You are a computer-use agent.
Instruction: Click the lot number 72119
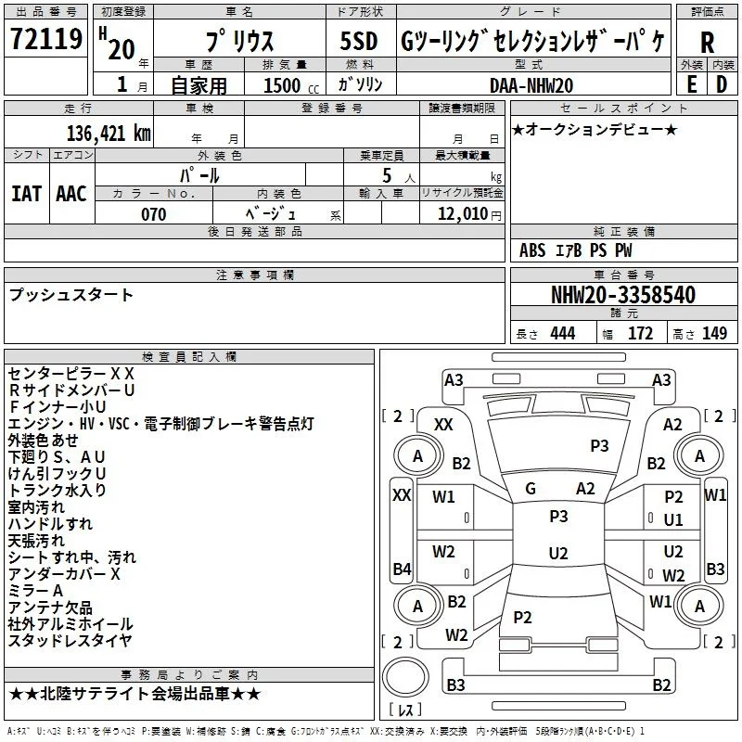pos(46,38)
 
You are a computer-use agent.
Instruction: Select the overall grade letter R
pos(707,43)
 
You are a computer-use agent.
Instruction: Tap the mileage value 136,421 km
pos(109,134)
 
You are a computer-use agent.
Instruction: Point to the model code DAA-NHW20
pos(531,85)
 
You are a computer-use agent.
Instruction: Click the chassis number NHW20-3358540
pos(623,295)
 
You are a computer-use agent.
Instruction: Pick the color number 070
pos(154,214)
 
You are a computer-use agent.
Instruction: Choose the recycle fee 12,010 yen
pos(469,214)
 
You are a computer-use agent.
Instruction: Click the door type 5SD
pos(359,41)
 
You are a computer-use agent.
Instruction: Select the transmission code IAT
pos(26,194)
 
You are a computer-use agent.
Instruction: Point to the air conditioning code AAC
pos(71,194)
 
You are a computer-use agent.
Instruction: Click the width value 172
pos(640,333)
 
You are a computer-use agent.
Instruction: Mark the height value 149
pos(714,333)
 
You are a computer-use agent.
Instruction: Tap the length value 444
pos(563,333)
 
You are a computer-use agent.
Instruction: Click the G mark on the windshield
pos(531,489)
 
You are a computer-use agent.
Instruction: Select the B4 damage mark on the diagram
pos(402,569)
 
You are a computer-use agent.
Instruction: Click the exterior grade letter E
pos(692,84)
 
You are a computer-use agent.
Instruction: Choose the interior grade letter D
pos(722,84)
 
